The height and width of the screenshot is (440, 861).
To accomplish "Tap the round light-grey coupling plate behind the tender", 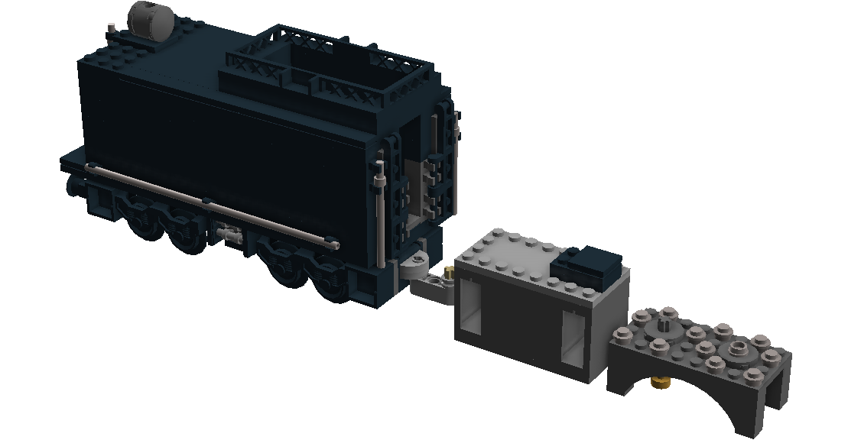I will [x=416, y=264].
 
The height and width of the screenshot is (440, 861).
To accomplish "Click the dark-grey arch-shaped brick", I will [x=700, y=374].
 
